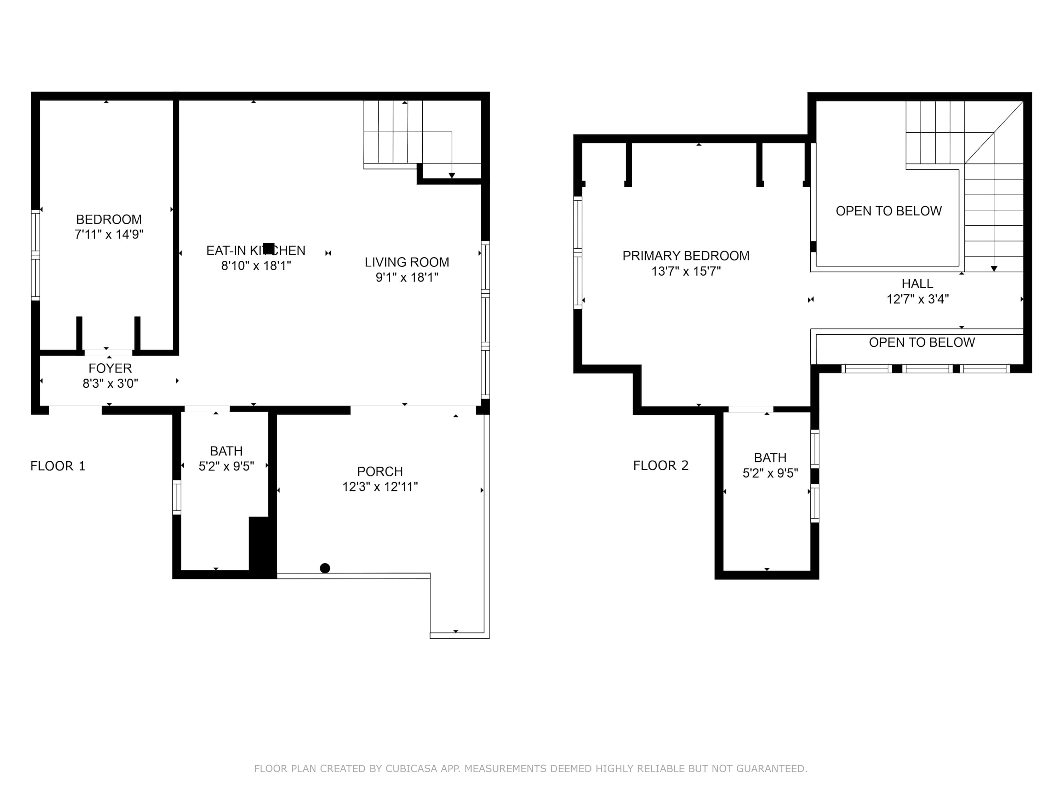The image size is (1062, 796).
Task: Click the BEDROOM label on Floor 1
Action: tap(109, 219)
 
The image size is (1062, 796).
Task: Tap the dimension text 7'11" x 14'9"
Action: tap(109, 234)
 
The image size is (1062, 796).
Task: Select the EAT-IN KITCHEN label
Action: tap(256, 250)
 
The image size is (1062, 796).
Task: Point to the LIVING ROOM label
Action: tap(407, 262)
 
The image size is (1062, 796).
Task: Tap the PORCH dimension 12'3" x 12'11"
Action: tap(380, 486)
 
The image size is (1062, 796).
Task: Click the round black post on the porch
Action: tap(325, 568)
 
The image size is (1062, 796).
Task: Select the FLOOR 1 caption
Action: tap(58, 466)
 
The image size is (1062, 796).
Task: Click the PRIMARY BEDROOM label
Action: tap(686, 256)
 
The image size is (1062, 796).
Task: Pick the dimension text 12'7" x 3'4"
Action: tap(918, 299)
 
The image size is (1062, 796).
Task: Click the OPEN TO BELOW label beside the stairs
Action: tap(889, 211)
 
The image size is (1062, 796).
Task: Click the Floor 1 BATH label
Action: tap(226, 451)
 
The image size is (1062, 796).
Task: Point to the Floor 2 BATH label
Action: tap(770, 458)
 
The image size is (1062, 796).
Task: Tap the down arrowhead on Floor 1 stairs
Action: tap(452, 175)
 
